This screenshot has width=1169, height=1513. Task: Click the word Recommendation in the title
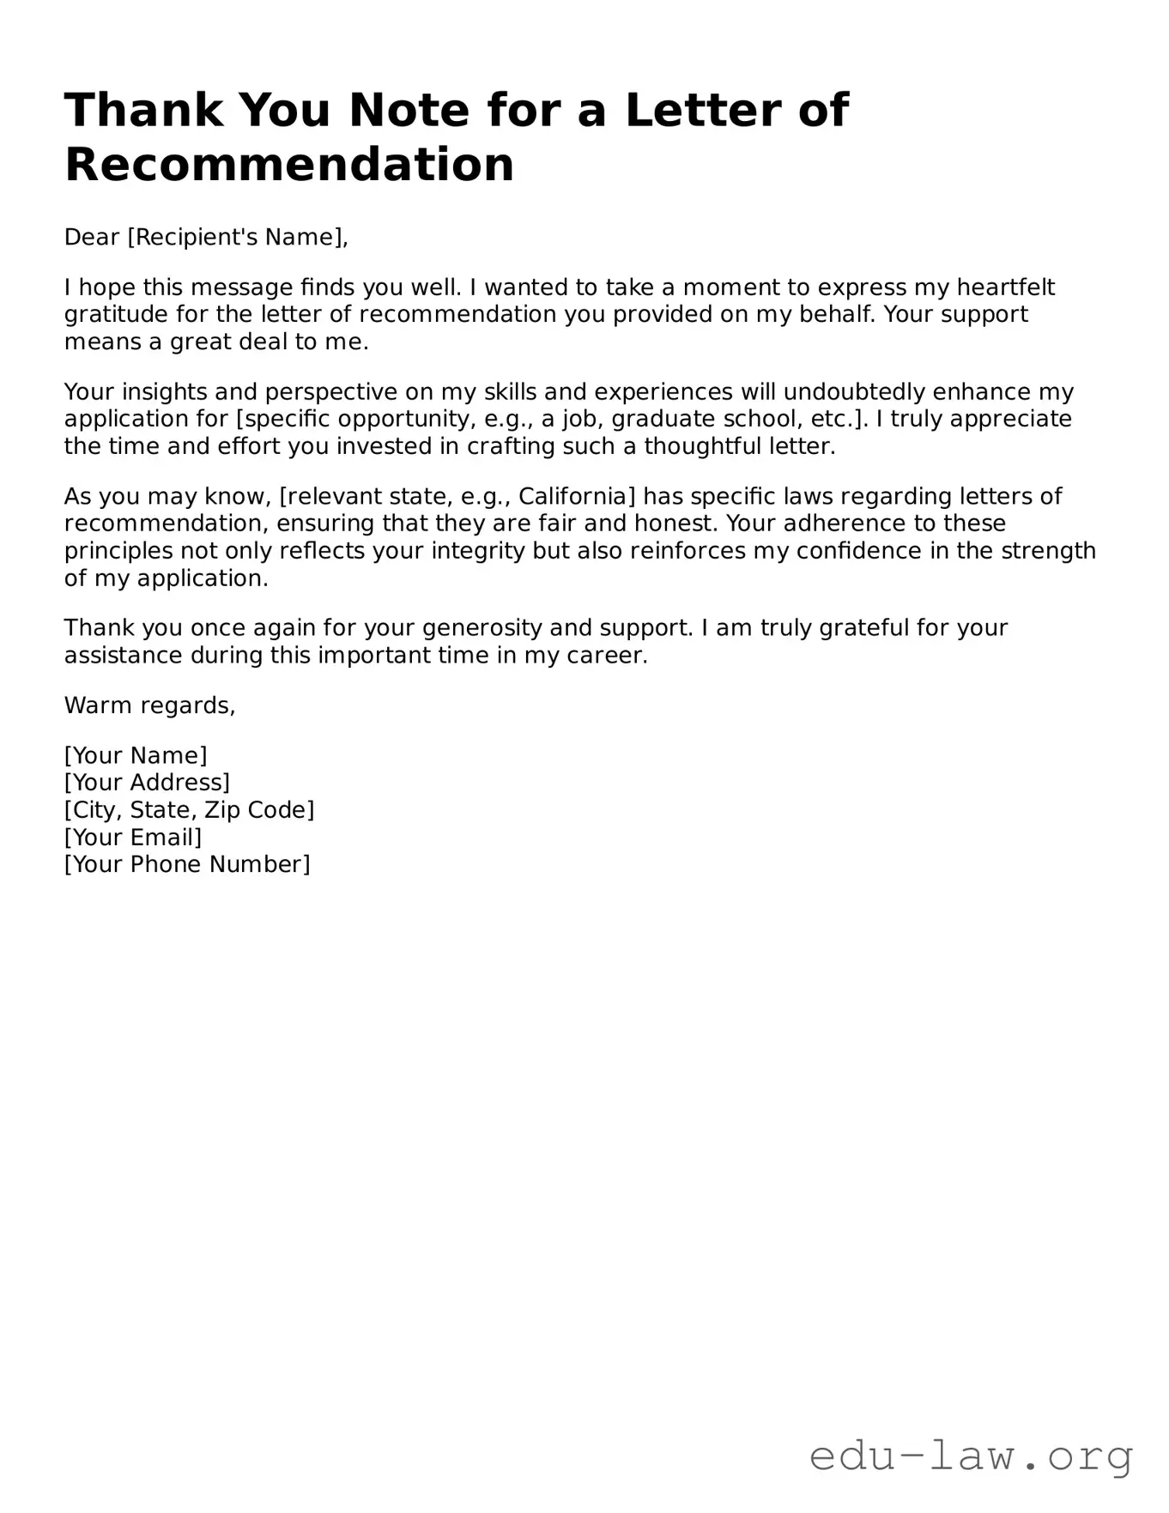tap(289, 165)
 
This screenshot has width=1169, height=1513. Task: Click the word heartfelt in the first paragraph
tap(1005, 287)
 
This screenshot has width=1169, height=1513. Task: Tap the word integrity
tap(477, 551)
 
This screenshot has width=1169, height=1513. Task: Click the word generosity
tap(482, 628)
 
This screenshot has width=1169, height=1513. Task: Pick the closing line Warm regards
tap(149, 705)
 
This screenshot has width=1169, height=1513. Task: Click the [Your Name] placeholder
tap(136, 755)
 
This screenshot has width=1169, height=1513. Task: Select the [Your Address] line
tap(147, 783)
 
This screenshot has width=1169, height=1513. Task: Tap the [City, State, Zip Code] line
tap(189, 810)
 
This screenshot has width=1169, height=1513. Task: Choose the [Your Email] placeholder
tap(133, 838)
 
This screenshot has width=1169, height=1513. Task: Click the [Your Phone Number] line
tap(187, 864)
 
